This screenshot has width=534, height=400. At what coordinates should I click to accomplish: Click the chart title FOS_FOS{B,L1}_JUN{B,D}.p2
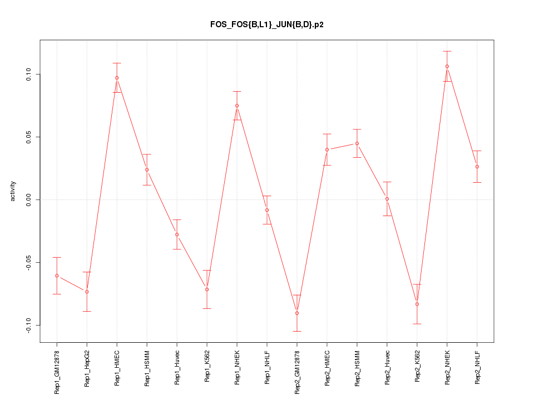(266, 24)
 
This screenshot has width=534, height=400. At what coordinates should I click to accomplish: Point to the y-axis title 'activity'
(13, 191)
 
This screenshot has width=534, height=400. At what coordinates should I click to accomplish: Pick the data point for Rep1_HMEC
(117, 78)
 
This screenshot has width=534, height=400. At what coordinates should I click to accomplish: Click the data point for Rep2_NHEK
(447, 66)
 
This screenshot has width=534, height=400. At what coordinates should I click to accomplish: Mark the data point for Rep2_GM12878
(297, 313)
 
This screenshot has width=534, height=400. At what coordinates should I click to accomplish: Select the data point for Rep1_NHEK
(237, 106)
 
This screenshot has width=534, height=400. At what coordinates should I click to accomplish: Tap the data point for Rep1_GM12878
(57, 276)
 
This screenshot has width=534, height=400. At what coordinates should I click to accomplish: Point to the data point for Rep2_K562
(417, 304)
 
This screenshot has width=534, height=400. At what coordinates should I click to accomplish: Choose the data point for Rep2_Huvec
(387, 199)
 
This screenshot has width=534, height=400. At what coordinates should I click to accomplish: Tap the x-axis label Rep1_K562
(207, 367)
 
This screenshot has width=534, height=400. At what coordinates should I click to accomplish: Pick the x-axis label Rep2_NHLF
(477, 367)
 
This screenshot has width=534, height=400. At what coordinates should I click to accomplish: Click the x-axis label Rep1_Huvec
(177, 368)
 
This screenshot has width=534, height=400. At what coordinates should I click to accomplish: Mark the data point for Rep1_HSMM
(147, 169)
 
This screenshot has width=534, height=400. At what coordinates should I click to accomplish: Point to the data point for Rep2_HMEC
(327, 149)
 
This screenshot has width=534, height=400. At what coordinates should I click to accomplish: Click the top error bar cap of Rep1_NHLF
(267, 196)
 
